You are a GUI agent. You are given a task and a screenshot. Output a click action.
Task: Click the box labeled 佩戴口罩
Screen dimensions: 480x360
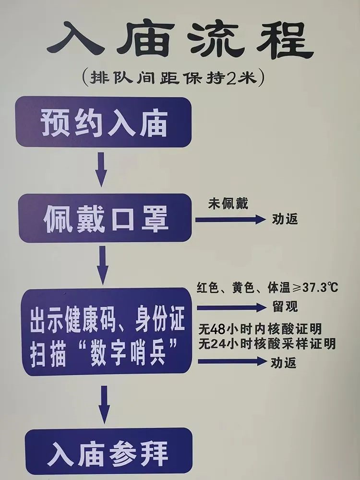click(105, 218)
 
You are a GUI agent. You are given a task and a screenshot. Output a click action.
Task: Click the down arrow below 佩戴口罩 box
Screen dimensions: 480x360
click(102, 265)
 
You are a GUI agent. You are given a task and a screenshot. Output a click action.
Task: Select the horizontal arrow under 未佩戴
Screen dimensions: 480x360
click(230, 219)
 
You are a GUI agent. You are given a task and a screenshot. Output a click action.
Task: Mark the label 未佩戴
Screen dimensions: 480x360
click(228, 204)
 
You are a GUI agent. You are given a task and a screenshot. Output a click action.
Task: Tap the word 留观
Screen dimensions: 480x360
click(285, 306)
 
